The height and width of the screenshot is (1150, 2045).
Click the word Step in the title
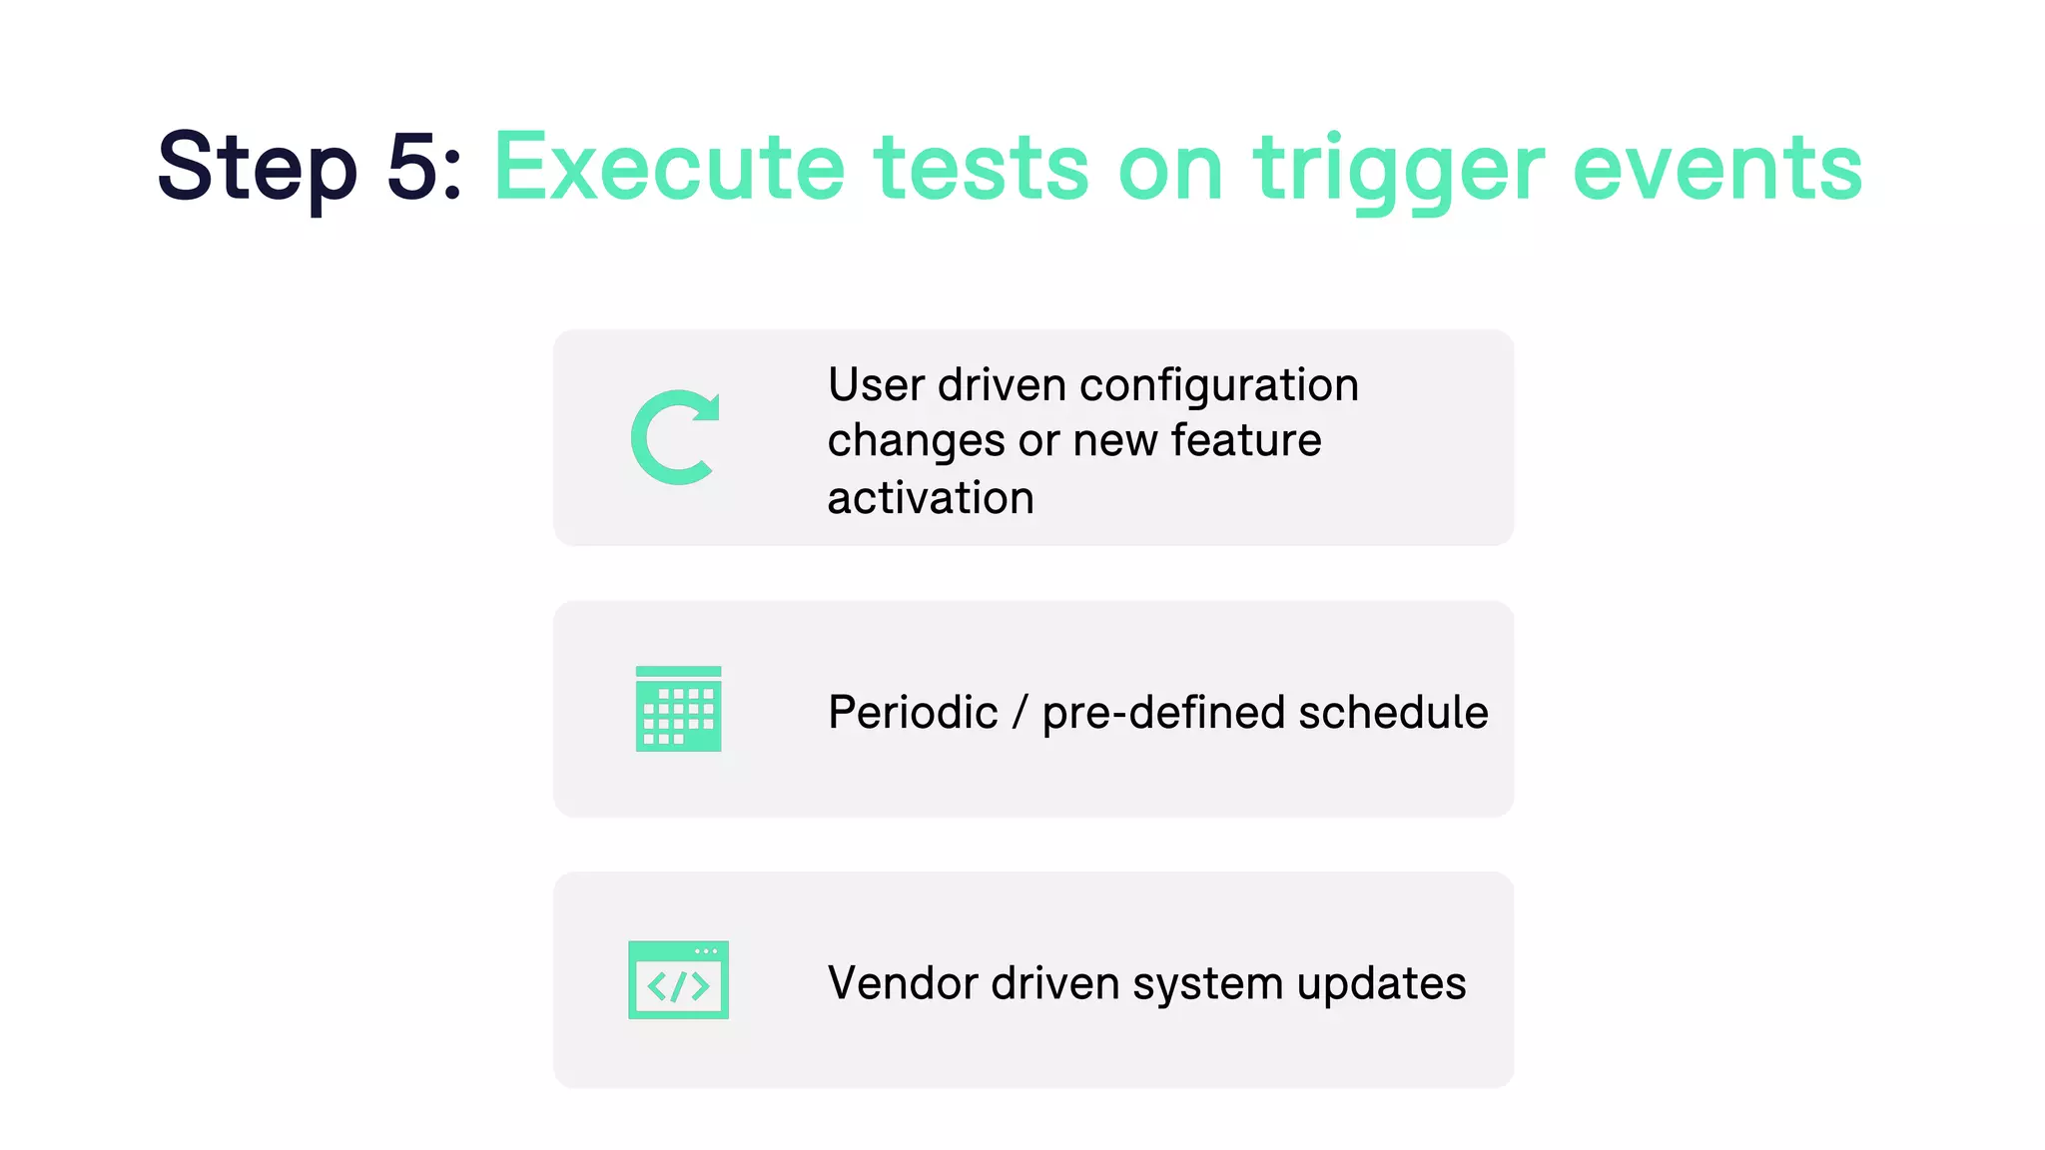pyautogui.click(x=257, y=168)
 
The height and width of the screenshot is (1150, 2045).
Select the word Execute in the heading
pyautogui.click(x=669, y=168)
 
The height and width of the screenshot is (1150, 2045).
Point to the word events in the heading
pyautogui.click(x=1717, y=168)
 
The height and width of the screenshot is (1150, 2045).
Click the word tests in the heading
pyautogui.click(x=982, y=168)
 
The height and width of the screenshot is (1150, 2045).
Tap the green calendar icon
pyautogui.click(x=678, y=709)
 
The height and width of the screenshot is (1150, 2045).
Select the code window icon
pyautogui.click(x=678, y=980)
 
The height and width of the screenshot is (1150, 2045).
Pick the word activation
pyautogui.click(x=931, y=498)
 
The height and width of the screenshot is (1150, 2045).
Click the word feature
pyautogui.click(x=1246, y=440)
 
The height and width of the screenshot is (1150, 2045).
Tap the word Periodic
pyautogui.click(x=913, y=713)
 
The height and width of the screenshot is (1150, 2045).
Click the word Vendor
pyautogui.click(x=904, y=983)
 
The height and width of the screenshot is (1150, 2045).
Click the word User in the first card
pyautogui.click(x=876, y=385)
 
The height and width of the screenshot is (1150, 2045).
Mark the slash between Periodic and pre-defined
pyautogui.click(x=1020, y=713)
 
